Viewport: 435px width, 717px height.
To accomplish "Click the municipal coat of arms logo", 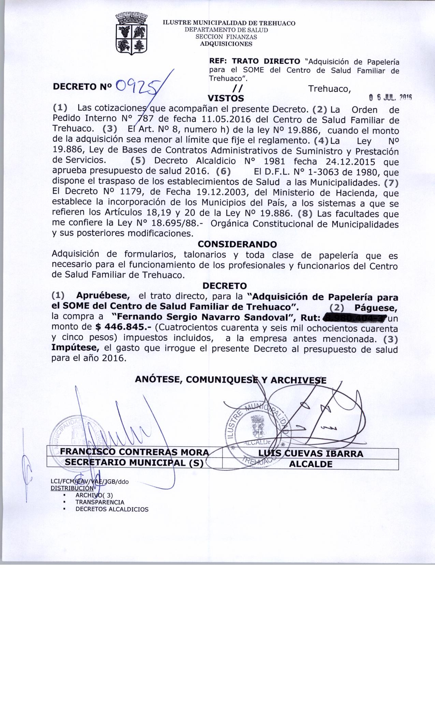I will click(x=131, y=33).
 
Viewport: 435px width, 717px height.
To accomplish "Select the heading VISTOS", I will click(x=226, y=98).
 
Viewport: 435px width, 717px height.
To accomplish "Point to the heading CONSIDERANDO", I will click(x=237, y=244).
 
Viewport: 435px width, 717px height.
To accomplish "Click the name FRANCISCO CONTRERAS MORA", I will click(x=134, y=453).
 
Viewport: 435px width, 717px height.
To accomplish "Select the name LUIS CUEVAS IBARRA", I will click(x=310, y=453).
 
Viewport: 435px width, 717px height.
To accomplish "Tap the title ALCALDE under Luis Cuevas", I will click(x=310, y=464).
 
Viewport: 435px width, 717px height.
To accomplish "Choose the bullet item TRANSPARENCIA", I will click(x=100, y=502).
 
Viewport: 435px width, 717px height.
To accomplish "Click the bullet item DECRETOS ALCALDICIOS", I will click(x=112, y=509).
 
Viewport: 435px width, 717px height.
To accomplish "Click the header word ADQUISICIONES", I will click(x=226, y=44).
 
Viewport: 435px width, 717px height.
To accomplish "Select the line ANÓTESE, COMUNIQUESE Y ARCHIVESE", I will click(x=231, y=380).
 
